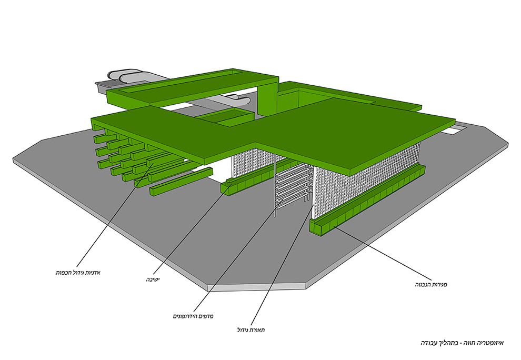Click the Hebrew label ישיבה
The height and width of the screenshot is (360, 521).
tap(153, 279)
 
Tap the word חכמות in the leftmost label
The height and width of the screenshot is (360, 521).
tap(65, 273)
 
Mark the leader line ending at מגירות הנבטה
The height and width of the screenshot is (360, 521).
tap(379, 253)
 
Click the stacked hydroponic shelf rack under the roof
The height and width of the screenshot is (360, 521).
tap(292, 187)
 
